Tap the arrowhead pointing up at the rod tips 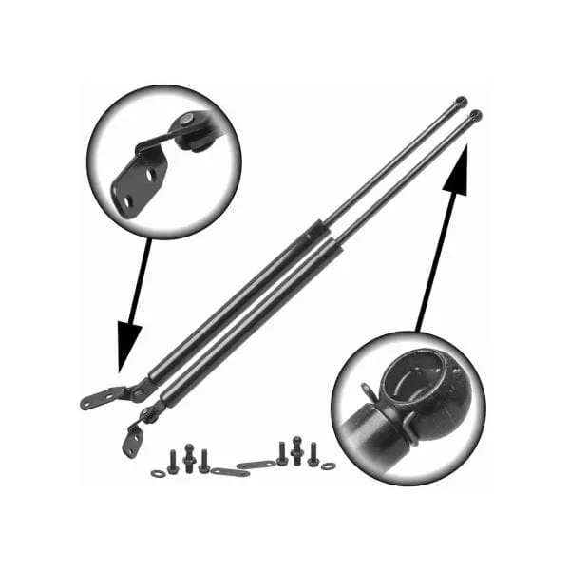[454, 177]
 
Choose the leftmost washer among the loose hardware [158, 471]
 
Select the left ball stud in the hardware [188, 459]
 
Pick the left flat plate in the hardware [228, 471]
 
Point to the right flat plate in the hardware [256, 465]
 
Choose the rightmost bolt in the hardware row [312, 454]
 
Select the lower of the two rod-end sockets [475, 116]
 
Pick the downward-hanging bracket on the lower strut [133, 438]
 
